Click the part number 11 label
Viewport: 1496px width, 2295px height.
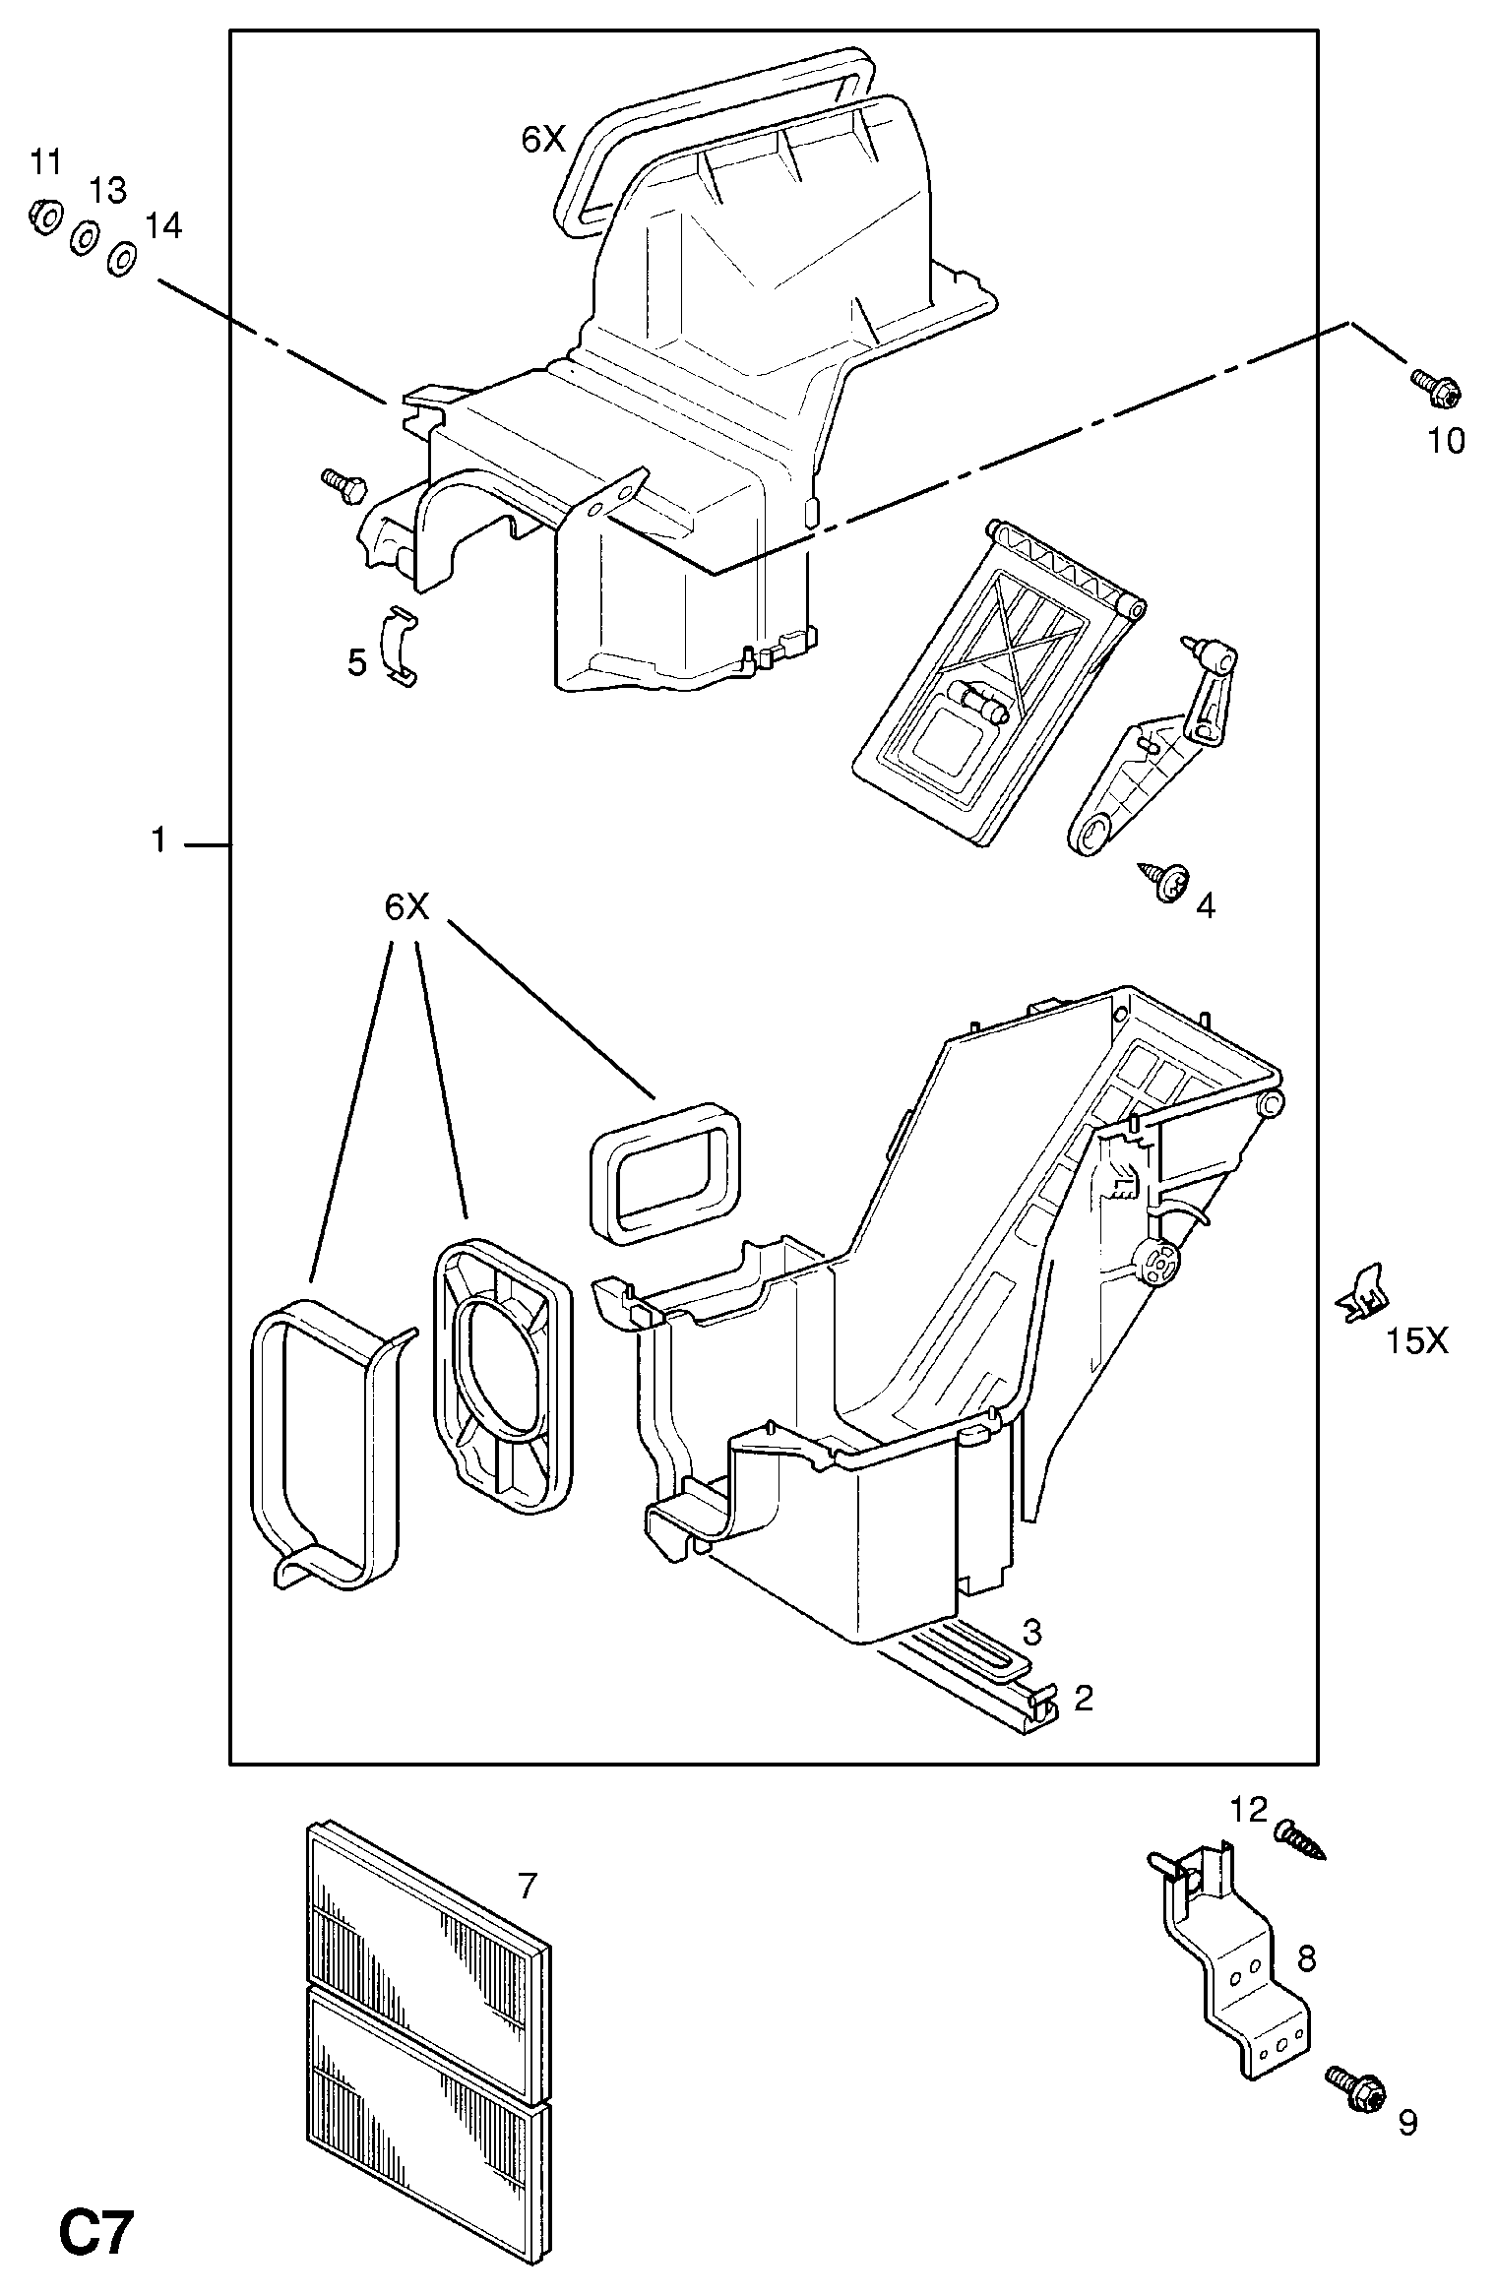(45, 161)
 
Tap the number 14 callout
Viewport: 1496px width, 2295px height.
(163, 226)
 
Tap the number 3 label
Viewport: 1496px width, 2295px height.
(1031, 1633)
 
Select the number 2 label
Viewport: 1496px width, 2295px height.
(1083, 1698)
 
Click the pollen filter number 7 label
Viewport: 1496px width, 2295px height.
(528, 1886)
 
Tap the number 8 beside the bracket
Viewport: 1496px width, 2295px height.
(1305, 1958)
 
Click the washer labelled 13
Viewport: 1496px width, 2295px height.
(84, 238)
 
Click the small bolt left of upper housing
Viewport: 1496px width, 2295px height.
(343, 484)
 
